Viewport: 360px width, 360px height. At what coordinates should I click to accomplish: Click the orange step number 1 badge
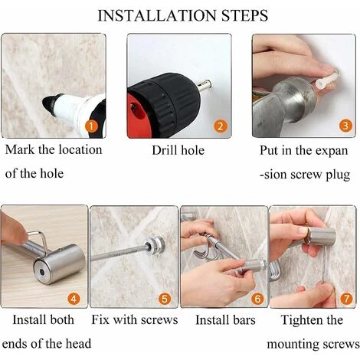click(91, 126)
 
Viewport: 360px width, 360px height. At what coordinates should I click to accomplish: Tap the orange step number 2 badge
click(220, 126)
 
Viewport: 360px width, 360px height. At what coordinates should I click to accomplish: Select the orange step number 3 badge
click(345, 126)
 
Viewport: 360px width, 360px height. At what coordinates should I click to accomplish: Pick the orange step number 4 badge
click(74, 299)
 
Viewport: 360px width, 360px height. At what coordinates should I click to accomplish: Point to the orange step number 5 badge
click(165, 299)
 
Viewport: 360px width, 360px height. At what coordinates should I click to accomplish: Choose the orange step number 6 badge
click(257, 299)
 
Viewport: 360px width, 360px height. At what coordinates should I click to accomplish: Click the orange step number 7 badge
click(346, 299)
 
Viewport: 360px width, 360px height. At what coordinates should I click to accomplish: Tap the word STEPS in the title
click(244, 15)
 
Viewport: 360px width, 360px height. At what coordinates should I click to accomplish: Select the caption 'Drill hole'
click(178, 150)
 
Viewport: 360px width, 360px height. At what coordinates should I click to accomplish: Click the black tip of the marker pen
click(48, 104)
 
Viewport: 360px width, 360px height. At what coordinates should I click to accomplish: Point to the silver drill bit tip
click(205, 85)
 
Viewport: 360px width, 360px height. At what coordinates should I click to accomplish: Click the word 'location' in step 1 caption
click(80, 149)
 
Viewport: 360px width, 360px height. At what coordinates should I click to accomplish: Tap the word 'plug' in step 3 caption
click(338, 175)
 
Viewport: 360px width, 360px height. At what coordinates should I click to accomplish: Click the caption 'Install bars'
click(225, 320)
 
